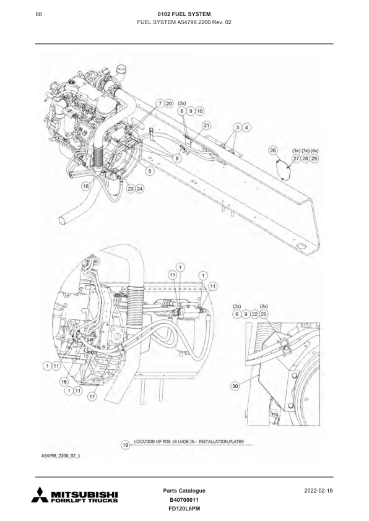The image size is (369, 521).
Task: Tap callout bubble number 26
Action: [273, 150]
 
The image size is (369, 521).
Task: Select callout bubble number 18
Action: [85, 185]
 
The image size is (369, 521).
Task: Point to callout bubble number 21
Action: [206, 126]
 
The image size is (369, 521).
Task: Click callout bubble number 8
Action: [178, 158]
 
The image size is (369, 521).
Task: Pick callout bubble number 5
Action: [150, 170]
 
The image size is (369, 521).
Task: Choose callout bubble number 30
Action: [235, 385]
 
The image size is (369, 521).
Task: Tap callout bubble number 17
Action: [93, 397]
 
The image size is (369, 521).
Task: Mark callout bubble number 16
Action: [63, 382]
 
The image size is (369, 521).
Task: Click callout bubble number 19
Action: [126, 443]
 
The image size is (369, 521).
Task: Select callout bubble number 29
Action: [315, 159]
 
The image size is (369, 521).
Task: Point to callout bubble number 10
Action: [200, 111]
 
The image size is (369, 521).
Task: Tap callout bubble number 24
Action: [141, 189]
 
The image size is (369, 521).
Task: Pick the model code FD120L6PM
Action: [184, 509]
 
